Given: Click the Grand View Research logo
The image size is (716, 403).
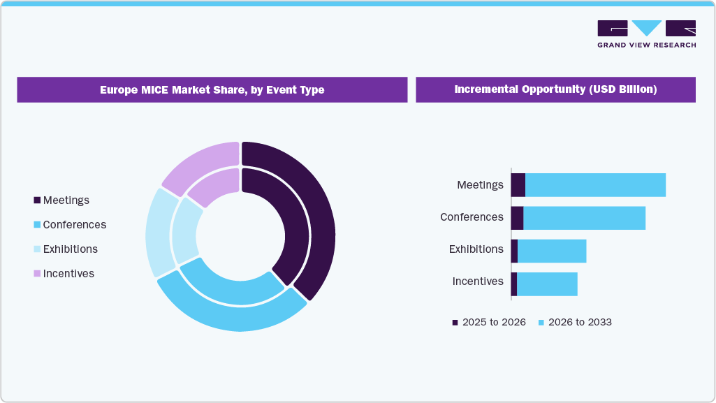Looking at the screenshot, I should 646,34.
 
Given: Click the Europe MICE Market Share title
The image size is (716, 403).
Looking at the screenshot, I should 212,89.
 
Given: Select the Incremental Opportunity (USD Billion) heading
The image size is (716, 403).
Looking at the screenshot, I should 555,89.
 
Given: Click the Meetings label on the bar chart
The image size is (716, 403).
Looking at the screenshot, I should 480,185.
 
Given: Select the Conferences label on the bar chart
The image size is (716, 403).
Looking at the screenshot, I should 472,217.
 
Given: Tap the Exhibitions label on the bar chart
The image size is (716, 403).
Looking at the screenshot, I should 476,249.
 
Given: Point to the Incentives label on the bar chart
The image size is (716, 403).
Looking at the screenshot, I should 478,281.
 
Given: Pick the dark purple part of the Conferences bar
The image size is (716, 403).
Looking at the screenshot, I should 517,218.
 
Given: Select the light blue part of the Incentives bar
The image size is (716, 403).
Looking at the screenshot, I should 547,284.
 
